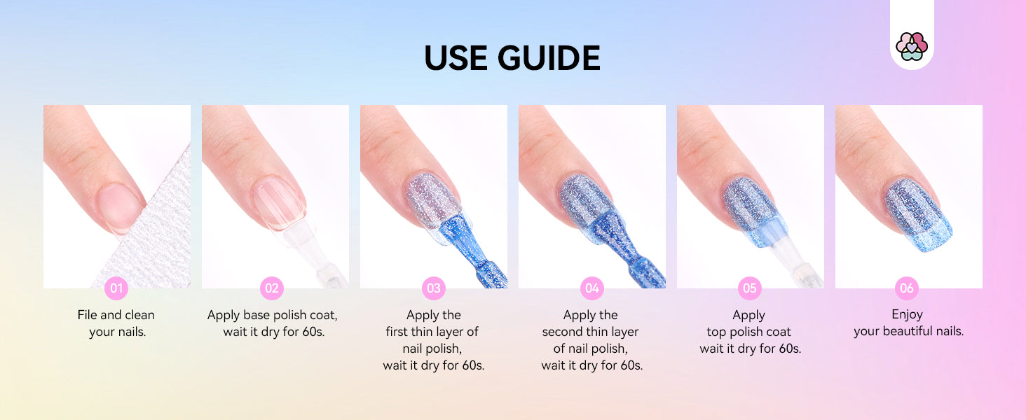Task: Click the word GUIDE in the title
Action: [x=549, y=58]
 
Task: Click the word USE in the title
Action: [x=456, y=58]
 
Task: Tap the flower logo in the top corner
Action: [x=912, y=46]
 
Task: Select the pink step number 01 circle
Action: [x=116, y=288]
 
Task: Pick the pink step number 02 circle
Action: [x=272, y=288]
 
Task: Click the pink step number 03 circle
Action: [x=433, y=288]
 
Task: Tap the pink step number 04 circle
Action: [x=591, y=288]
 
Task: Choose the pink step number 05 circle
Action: [x=750, y=288]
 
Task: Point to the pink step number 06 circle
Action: [x=907, y=288]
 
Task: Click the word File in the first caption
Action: [x=88, y=315]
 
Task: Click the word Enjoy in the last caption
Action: [x=907, y=315]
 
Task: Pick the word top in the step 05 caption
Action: [x=716, y=332]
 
